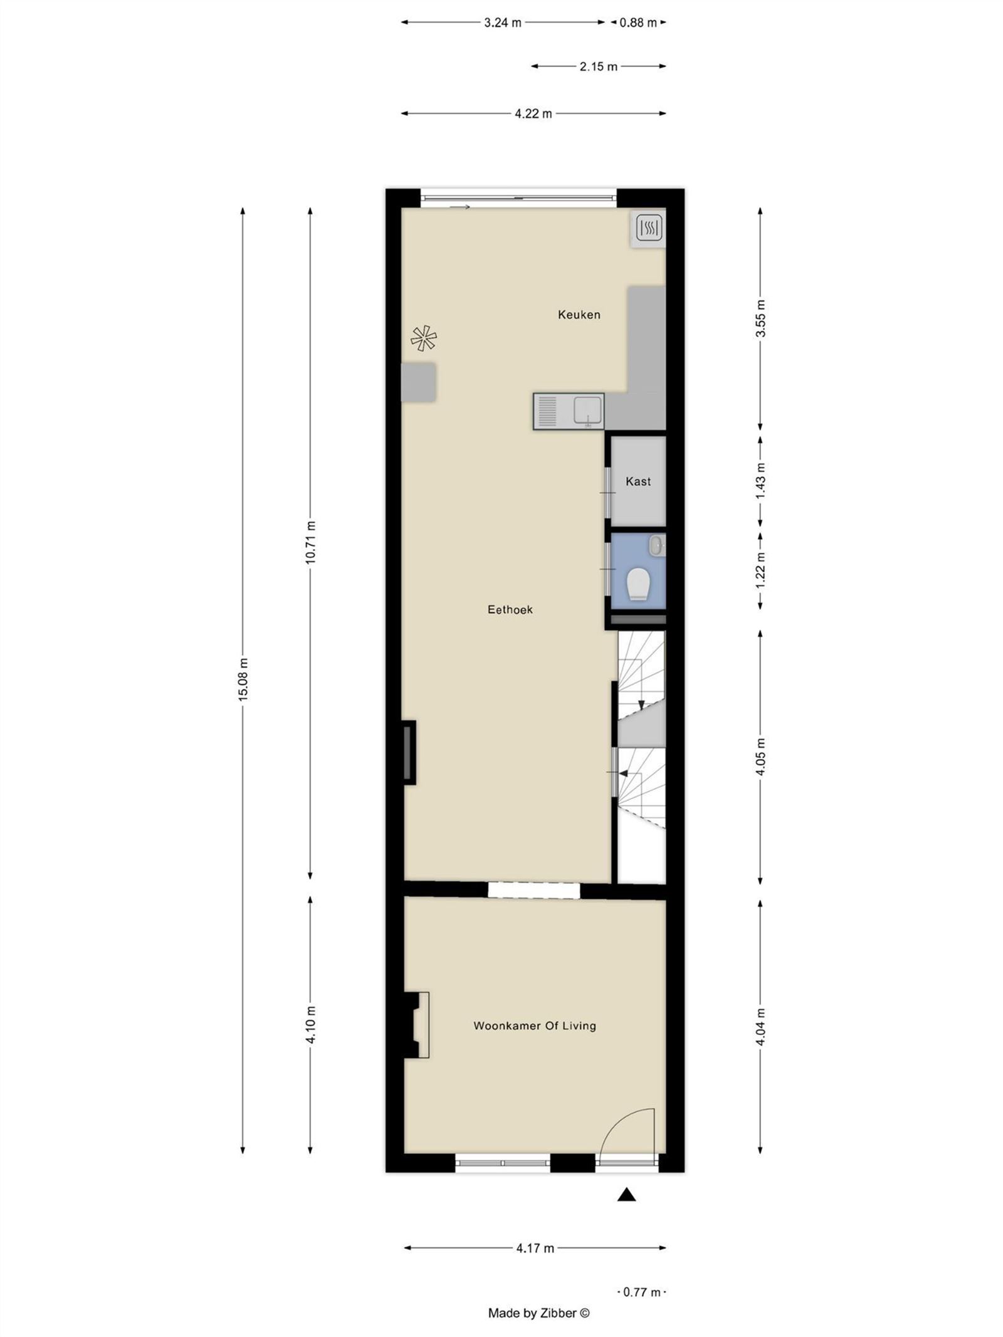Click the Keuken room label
click(x=579, y=315)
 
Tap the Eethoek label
click(x=510, y=609)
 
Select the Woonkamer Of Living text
click(x=534, y=1026)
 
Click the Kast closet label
click(x=638, y=481)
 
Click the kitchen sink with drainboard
click(x=568, y=412)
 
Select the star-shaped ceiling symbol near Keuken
click(x=424, y=339)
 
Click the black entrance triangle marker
click(x=626, y=1195)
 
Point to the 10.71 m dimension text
click(x=310, y=542)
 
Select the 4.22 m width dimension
click(x=533, y=113)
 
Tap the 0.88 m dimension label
click(x=638, y=23)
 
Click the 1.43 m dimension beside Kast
click(x=760, y=481)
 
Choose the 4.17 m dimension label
click(x=535, y=1248)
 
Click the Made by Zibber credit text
click(x=538, y=1313)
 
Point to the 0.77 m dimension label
click(x=641, y=1292)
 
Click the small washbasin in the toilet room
click(x=656, y=545)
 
